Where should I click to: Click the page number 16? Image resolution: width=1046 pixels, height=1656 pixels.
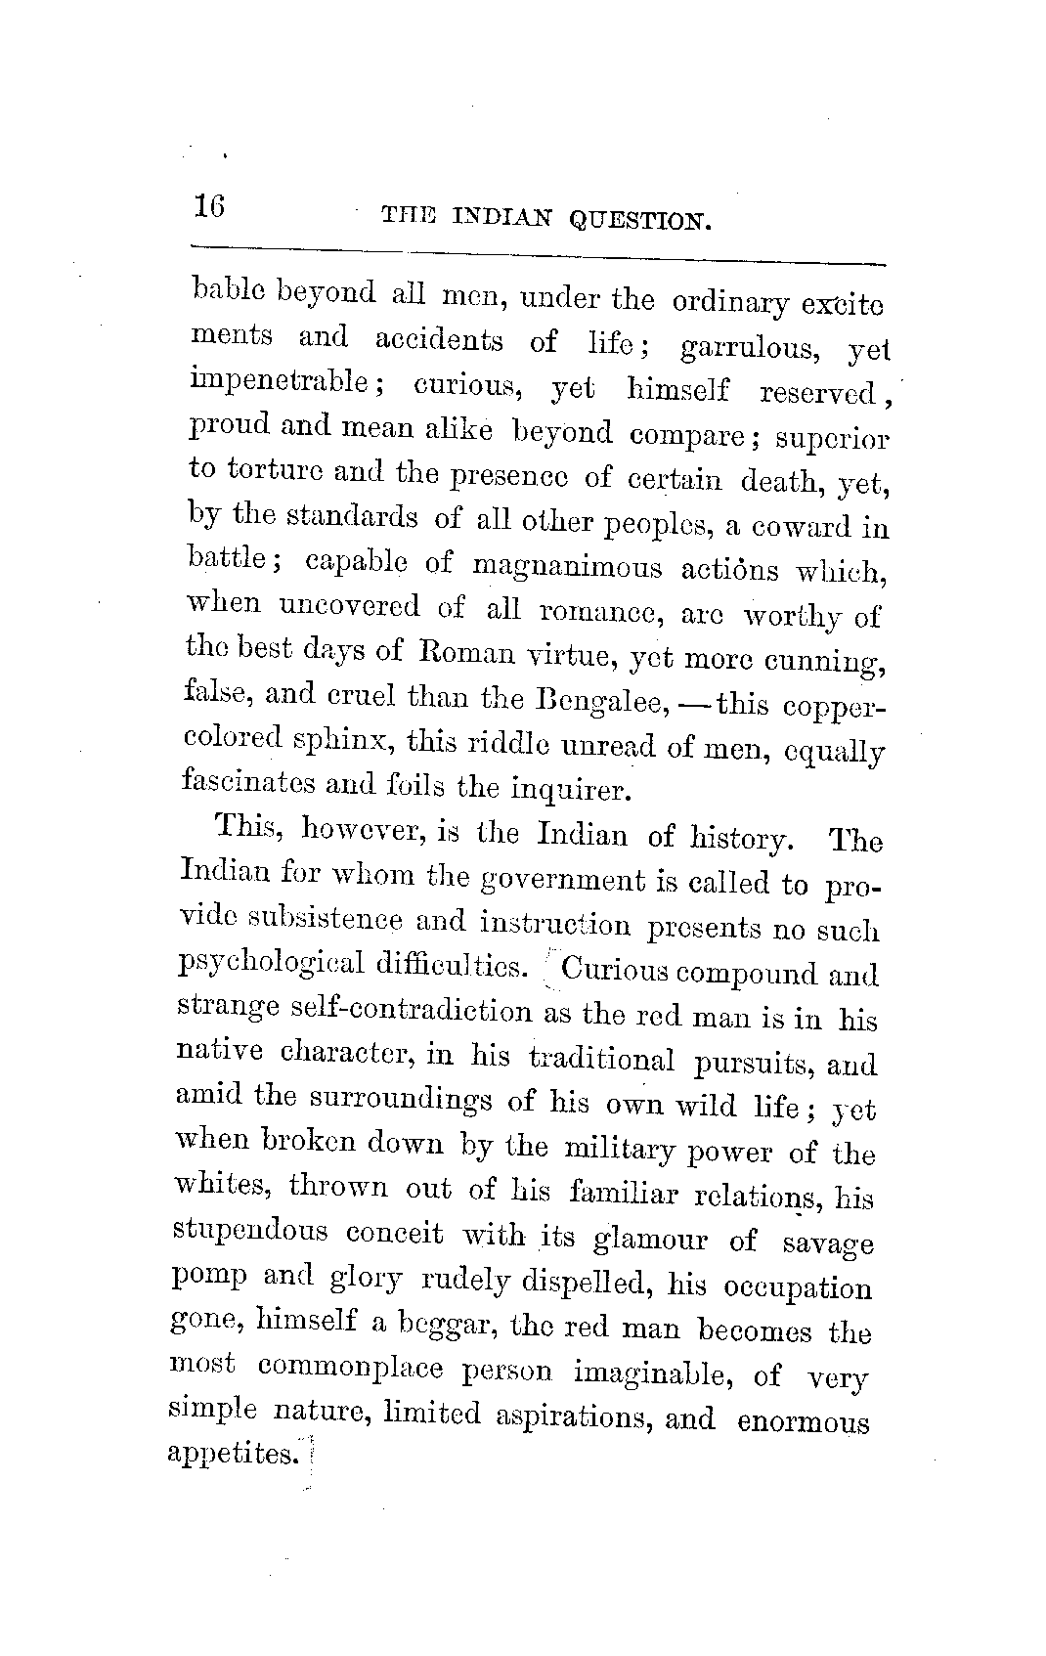[x=209, y=206]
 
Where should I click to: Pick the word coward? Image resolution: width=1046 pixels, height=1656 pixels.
[x=790, y=526]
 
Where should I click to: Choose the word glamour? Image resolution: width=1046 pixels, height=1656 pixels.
[x=651, y=1240]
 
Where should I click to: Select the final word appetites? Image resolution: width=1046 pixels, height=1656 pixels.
[x=231, y=1454]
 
